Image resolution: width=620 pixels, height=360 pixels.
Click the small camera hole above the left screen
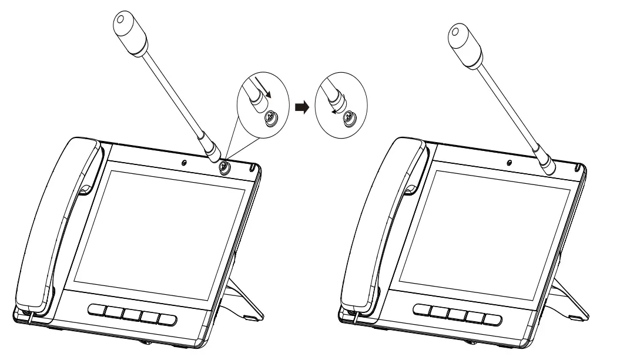(x=185, y=163)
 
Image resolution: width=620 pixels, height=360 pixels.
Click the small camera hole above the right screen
(x=509, y=163)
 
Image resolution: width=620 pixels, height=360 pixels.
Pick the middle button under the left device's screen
(x=132, y=315)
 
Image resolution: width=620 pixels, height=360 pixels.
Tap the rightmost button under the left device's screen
(x=166, y=319)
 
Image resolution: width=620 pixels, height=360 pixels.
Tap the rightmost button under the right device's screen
(x=490, y=319)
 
